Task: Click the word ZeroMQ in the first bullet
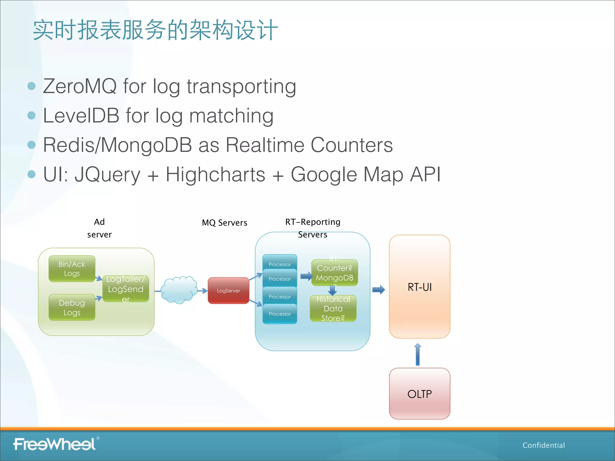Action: click(x=80, y=86)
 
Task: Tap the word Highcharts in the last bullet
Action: click(x=215, y=175)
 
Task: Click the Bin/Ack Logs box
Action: click(x=72, y=269)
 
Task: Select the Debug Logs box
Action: click(x=72, y=307)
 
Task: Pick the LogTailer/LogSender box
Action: click(x=126, y=289)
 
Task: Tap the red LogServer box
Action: click(x=228, y=291)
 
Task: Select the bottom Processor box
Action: click(x=280, y=314)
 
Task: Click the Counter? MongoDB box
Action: click(x=335, y=273)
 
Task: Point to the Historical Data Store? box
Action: click(x=333, y=309)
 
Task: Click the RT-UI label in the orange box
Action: click(x=420, y=287)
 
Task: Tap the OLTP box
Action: click(x=420, y=393)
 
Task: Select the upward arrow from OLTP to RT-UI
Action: click(x=417, y=354)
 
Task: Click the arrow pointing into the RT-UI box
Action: click(x=378, y=290)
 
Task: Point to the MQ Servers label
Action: click(x=224, y=223)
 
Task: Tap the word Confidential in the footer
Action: click(x=544, y=445)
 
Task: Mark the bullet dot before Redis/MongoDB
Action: click(x=32, y=145)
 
